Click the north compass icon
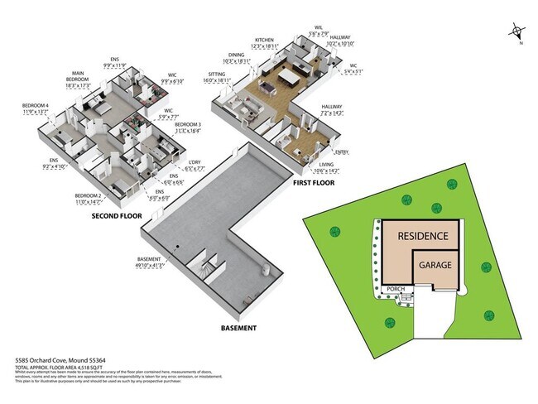(517, 34)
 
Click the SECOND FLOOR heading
(116, 216)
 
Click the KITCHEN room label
(264, 40)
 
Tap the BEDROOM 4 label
(36, 105)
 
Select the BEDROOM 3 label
(187, 123)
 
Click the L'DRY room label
(195, 161)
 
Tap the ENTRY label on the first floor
(341, 152)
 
